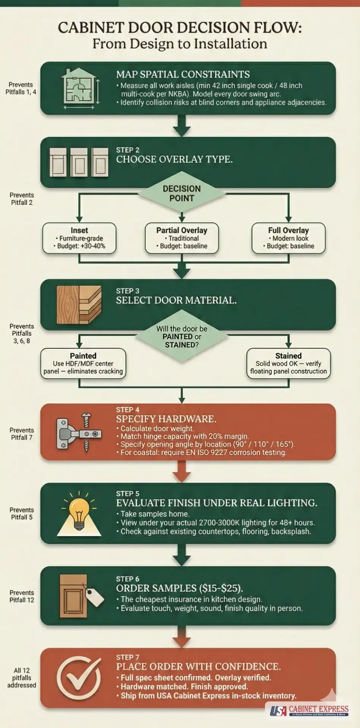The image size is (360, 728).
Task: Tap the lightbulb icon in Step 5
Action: click(x=79, y=513)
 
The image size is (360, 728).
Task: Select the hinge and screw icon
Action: click(x=79, y=432)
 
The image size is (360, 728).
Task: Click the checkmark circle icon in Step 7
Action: click(x=79, y=678)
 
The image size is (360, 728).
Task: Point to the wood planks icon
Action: click(x=79, y=304)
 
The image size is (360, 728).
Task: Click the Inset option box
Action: click(x=79, y=238)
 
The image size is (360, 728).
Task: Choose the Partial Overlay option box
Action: click(x=182, y=238)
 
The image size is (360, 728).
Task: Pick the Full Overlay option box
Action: click(x=288, y=238)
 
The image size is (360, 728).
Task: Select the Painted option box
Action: click(x=83, y=364)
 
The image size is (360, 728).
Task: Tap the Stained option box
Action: click(x=288, y=364)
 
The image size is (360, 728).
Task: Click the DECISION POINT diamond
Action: click(x=182, y=193)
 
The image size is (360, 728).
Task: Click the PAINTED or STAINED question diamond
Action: click(x=182, y=337)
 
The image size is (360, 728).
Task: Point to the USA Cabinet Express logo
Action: click(x=309, y=711)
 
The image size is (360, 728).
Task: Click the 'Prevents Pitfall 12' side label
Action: click(x=22, y=596)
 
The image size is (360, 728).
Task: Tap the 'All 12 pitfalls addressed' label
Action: click(x=22, y=678)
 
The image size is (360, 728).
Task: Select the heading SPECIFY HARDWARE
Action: click(x=166, y=419)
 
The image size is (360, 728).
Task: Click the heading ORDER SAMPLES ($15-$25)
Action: click(x=179, y=588)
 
